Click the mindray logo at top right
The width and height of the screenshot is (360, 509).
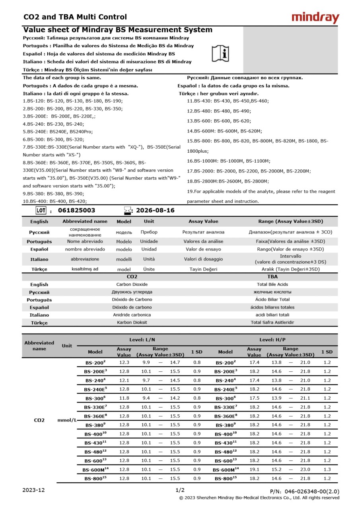[315, 17]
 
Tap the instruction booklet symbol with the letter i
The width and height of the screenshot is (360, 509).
[220, 53]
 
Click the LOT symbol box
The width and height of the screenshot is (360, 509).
[41, 210]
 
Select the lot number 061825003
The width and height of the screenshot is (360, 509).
[77, 210]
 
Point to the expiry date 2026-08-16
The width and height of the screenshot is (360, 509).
[155, 210]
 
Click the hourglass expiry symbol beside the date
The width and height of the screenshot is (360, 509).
[127, 210]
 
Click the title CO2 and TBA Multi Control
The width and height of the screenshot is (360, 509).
[75, 17]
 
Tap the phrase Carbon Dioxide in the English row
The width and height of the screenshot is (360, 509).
[132, 284]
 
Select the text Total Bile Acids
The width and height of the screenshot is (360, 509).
[272, 284]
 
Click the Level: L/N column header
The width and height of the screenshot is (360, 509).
[142, 340]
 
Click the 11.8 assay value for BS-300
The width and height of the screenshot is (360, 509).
[124, 398]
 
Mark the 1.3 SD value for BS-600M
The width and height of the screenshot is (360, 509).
[327, 470]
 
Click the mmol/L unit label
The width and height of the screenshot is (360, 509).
[67, 420]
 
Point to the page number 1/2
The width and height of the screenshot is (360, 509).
[180, 490]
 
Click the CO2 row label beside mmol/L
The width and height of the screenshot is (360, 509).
[39, 420]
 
